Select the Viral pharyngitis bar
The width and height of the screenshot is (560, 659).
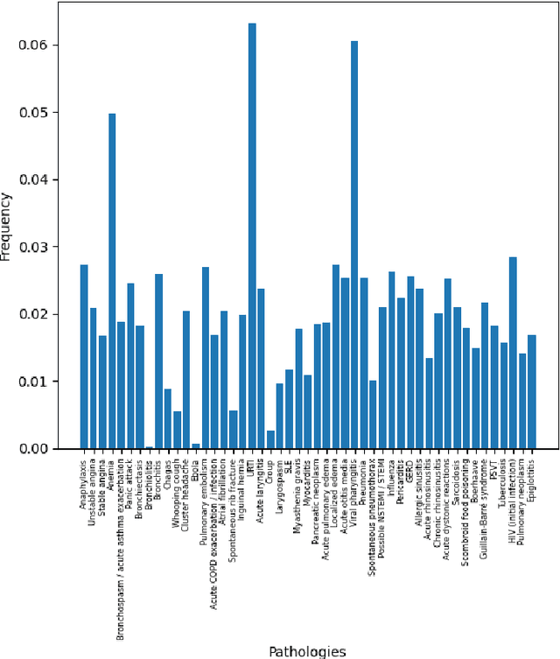point(354,245)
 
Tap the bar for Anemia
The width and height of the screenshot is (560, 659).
point(112,281)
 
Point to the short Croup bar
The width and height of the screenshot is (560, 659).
point(270,439)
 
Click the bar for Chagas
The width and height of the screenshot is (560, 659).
point(168,419)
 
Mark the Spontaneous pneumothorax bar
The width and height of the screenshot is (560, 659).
point(373,415)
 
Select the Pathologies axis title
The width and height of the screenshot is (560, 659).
point(308,651)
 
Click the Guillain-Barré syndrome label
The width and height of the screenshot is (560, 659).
point(486,493)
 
